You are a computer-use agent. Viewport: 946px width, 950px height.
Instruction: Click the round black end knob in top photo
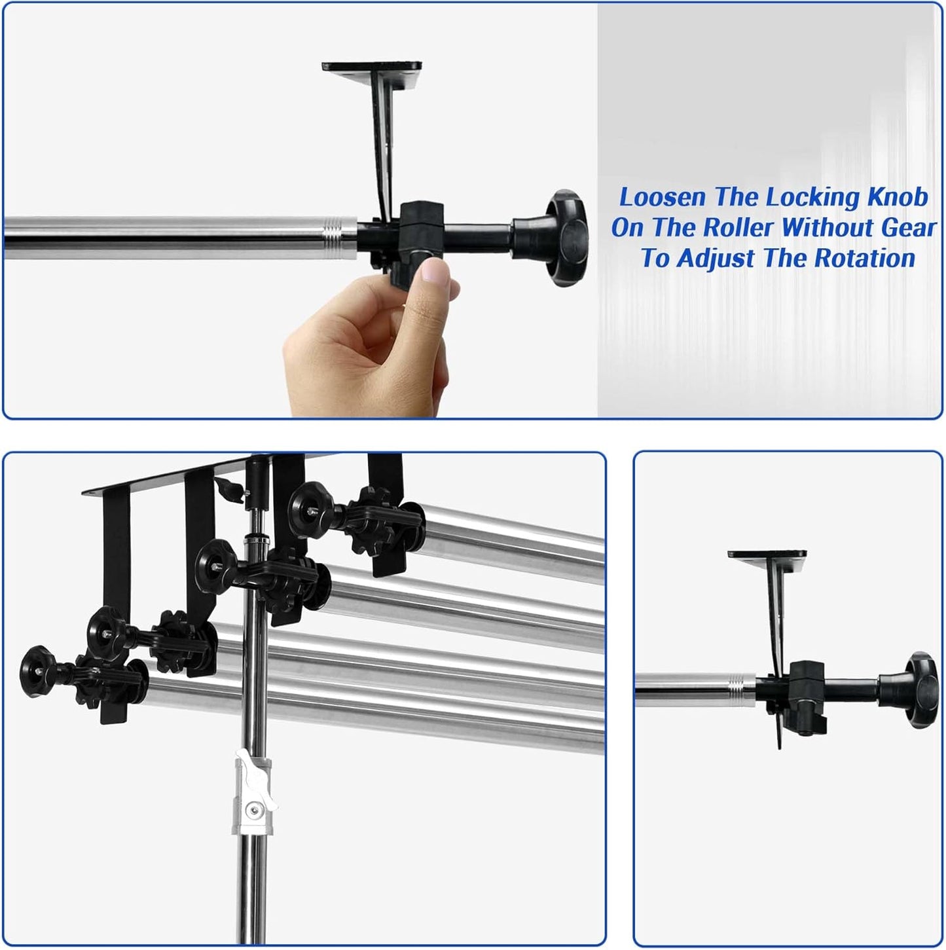tap(567, 238)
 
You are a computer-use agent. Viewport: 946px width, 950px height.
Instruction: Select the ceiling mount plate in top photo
tap(372, 66)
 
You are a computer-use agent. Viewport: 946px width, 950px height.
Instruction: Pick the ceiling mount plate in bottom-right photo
tap(767, 554)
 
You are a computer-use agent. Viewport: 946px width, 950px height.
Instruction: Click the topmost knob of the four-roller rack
tap(310, 510)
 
